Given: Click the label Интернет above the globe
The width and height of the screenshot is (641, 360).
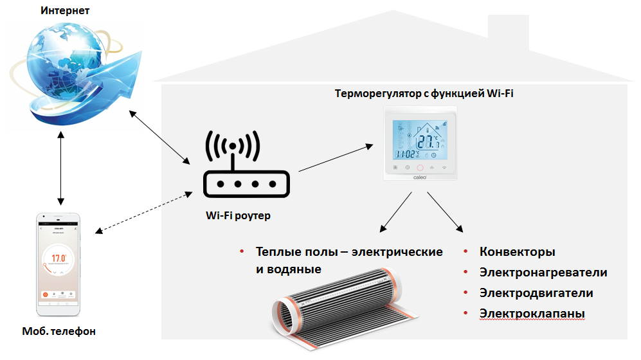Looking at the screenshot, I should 66,11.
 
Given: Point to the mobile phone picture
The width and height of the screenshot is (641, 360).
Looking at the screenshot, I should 60,263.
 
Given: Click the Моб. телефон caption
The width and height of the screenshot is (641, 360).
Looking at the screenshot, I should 60,332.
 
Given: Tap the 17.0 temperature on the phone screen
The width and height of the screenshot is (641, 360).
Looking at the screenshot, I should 59,258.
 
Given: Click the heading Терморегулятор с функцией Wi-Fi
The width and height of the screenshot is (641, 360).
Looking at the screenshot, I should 424,94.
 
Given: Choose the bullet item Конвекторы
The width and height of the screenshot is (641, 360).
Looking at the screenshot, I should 517,252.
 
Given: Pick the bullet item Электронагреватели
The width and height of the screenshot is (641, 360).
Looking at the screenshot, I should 543,273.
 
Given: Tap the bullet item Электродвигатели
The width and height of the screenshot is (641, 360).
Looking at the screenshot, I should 536,293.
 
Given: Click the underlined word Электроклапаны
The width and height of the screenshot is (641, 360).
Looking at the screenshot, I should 532,314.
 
